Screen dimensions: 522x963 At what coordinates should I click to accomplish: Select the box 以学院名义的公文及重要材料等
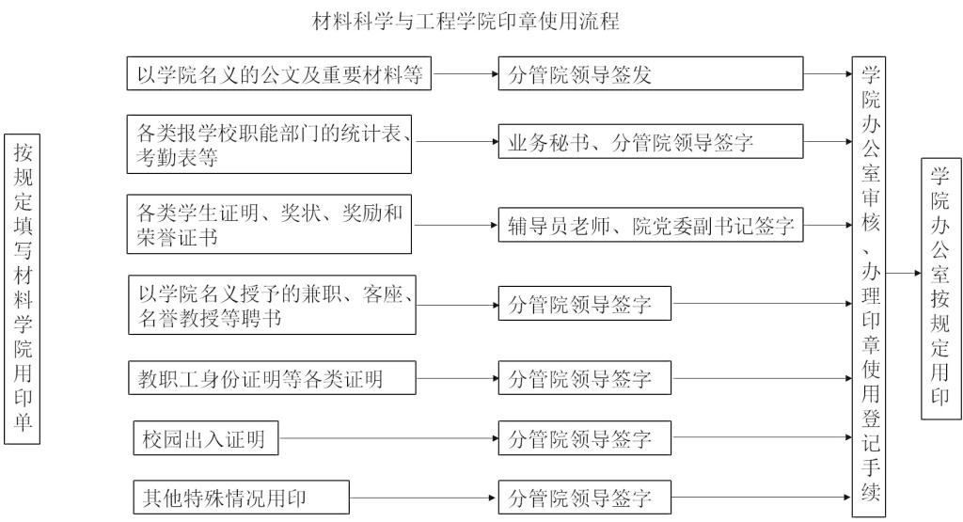(279, 74)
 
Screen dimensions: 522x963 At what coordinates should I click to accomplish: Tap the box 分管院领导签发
(651, 74)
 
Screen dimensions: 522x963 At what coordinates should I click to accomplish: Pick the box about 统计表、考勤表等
(271, 144)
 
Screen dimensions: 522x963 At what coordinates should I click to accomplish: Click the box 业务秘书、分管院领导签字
(651, 144)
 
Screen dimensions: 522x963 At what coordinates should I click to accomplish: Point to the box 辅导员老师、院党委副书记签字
(651, 226)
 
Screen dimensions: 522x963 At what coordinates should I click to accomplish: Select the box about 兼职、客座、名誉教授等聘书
(273, 305)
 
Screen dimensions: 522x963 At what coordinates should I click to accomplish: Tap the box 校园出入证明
(205, 437)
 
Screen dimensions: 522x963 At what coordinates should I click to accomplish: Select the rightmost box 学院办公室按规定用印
(939, 286)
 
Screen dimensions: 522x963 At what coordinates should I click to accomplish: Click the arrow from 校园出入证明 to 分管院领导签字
(388, 438)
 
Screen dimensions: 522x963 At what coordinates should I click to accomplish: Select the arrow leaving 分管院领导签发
(828, 74)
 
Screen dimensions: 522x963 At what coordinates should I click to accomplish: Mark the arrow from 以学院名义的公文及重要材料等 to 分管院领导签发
(466, 74)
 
